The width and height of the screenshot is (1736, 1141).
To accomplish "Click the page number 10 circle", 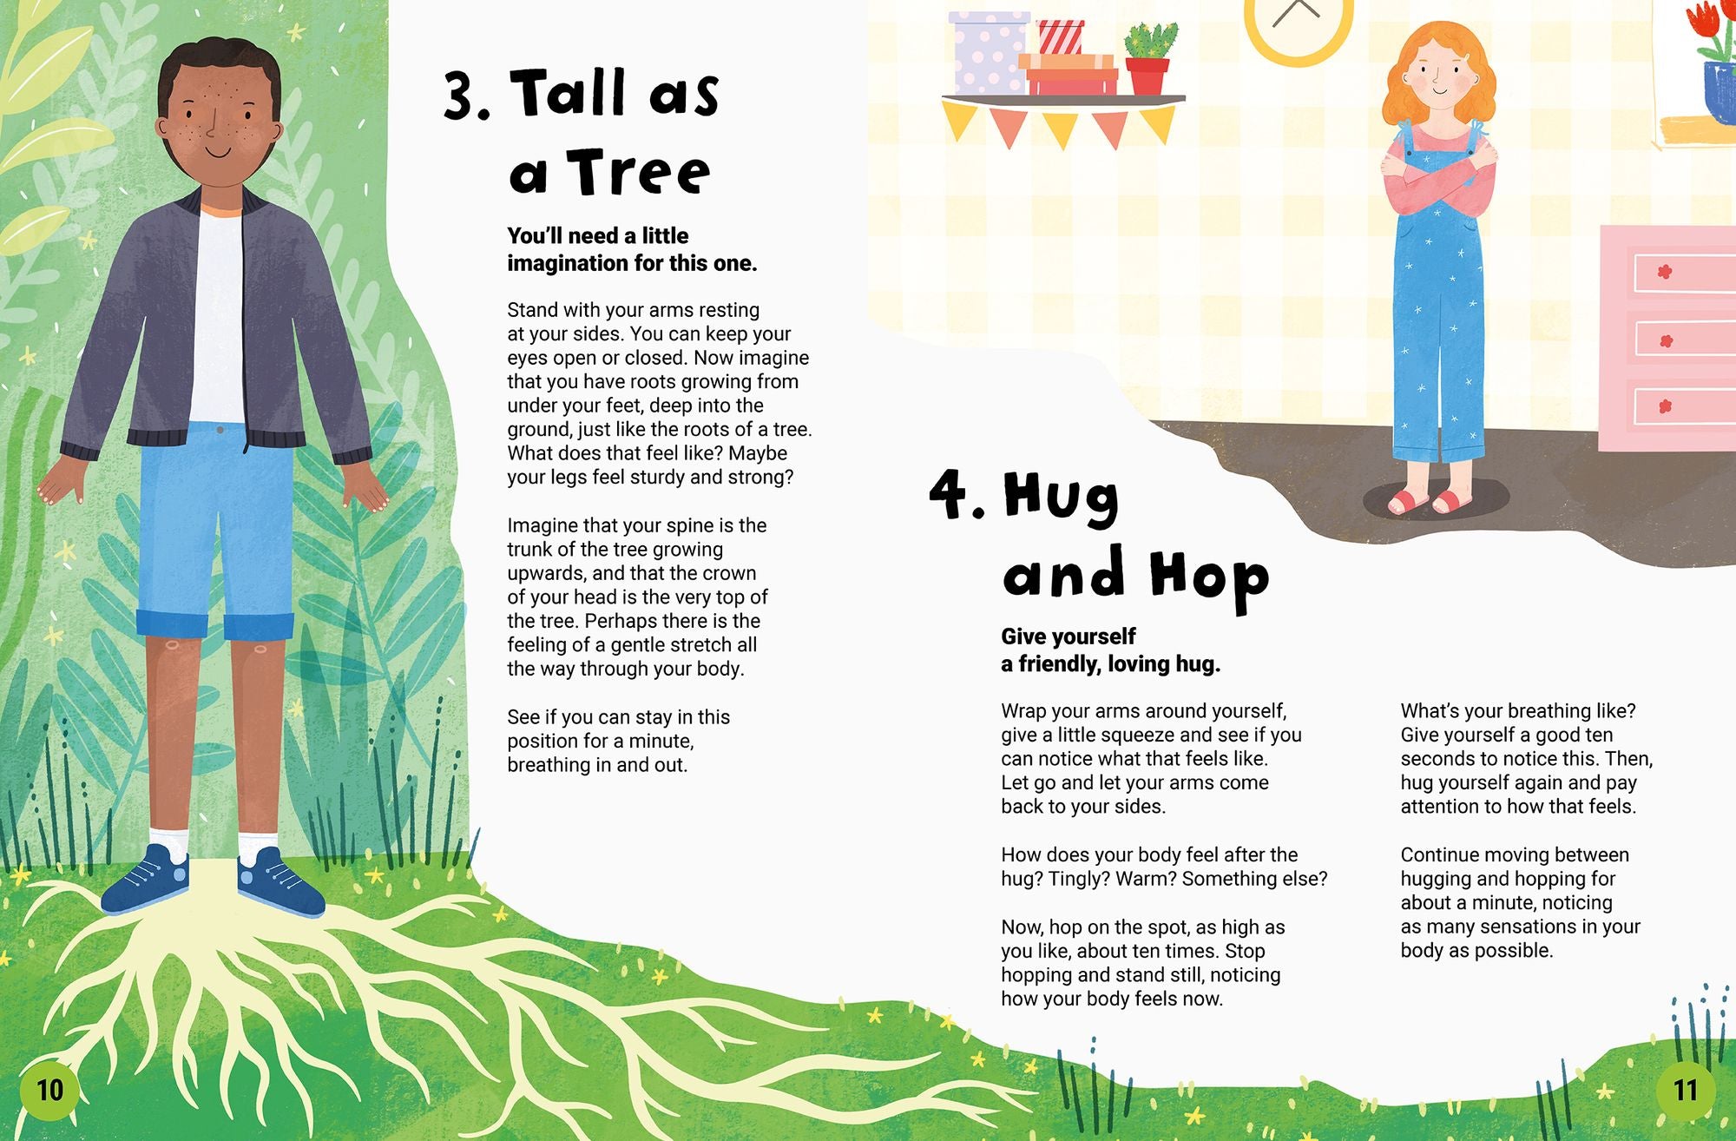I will tap(49, 1090).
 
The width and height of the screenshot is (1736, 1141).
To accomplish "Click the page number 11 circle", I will tap(1685, 1090).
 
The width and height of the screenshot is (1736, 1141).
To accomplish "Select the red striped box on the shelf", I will tap(1061, 37).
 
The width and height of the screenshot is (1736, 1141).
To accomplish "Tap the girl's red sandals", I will tap(1430, 502).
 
